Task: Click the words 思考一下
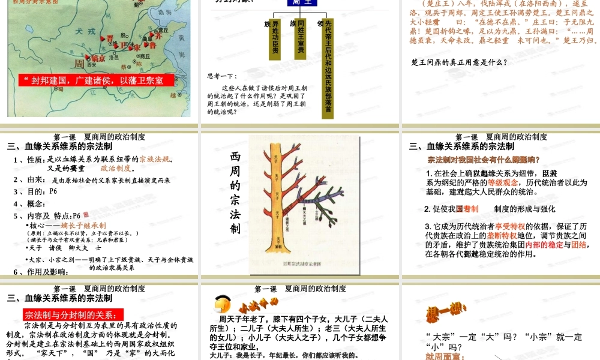pyautogui.click(x=223, y=76)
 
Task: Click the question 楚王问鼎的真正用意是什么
pyautogui.click(x=460, y=62)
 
